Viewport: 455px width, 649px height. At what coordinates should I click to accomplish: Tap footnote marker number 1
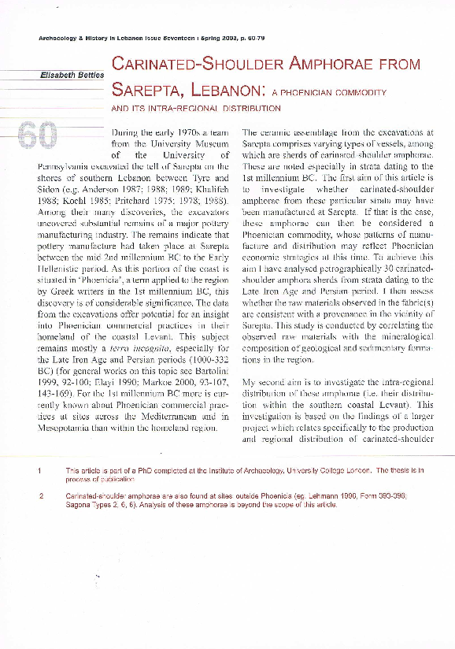[39, 470]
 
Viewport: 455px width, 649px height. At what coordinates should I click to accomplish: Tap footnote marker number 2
[39, 496]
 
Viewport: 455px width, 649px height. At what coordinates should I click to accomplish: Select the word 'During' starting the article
[128, 133]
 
